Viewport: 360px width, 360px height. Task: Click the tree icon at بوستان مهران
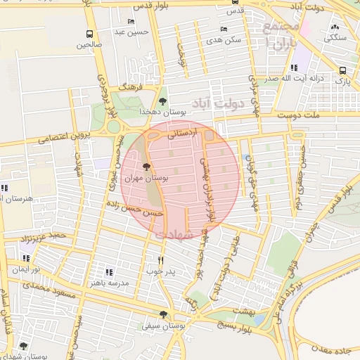coord(146,167)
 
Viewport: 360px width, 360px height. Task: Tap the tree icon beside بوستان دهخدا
coord(162,101)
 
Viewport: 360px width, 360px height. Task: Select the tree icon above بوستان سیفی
coord(163,315)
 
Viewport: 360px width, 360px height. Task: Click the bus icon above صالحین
coord(89,34)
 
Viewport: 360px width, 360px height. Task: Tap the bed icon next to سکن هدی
coord(224,30)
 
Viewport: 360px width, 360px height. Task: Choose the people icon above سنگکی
coord(333,27)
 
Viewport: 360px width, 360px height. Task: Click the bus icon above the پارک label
coord(342,71)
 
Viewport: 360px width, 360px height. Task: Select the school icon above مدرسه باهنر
coord(108,271)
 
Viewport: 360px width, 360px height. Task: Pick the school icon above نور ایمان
coord(27,258)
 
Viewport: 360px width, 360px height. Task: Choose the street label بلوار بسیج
coord(233,326)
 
